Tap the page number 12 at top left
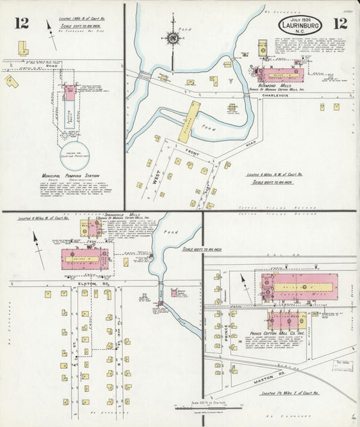coord(21,24)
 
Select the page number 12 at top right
coord(340,24)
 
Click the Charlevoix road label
coord(278,96)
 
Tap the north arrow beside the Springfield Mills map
coord(38,257)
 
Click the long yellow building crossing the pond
coord(189,121)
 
